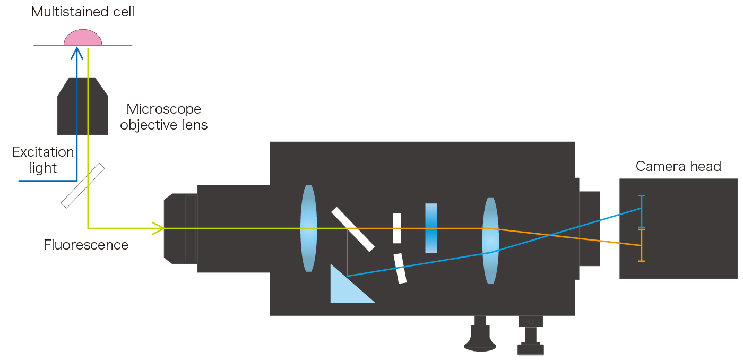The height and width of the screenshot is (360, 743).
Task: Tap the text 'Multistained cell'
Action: (x=83, y=12)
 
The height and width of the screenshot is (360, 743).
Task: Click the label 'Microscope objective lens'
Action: (x=163, y=117)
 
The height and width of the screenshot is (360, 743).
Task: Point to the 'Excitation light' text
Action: (x=43, y=160)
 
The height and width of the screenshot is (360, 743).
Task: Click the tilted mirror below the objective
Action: (x=83, y=185)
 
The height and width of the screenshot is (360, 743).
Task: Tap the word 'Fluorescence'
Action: (x=86, y=245)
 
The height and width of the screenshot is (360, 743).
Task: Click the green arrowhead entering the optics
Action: (x=159, y=228)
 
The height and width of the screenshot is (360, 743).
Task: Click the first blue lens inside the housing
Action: (x=308, y=228)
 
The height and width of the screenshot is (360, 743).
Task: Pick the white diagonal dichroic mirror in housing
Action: (x=353, y=229)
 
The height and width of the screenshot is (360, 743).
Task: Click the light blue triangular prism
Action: (x=345, y=289)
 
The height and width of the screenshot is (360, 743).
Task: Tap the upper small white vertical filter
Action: (x=396, y=228)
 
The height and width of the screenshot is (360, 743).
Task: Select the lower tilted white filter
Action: (x=400, y=268)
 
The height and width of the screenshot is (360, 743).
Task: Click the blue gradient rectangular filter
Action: (x=431, y=228)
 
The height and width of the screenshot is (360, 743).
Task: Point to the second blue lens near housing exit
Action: (x=490, y=240)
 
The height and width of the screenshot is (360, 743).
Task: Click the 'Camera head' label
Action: (x=678, y=166)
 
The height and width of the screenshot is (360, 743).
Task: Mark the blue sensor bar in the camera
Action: (x=642, y=211)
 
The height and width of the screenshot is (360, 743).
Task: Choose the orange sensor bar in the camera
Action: (x=642, y=245)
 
